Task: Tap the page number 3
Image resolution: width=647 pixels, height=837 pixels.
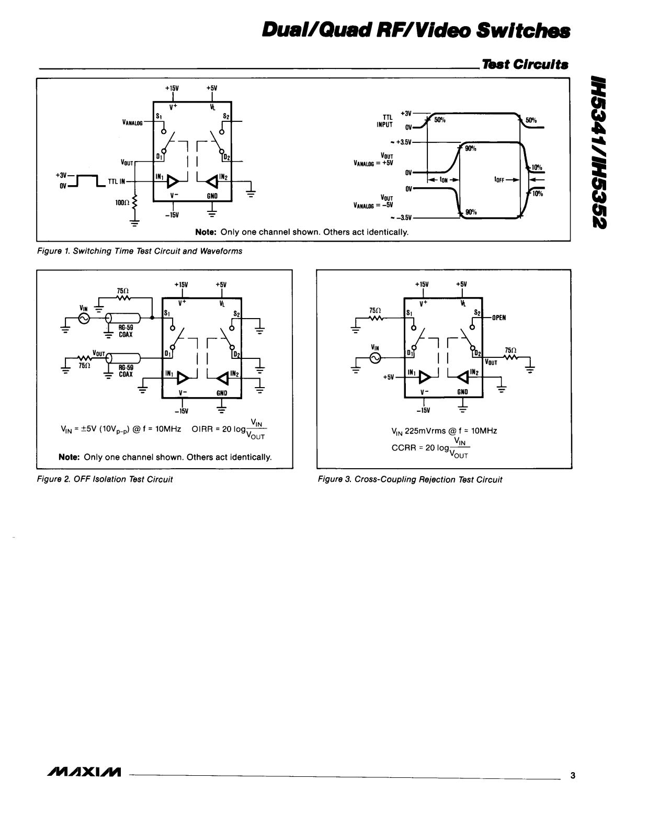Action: coord(573,775)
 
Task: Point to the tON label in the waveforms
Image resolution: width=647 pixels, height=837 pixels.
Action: coord(444,180)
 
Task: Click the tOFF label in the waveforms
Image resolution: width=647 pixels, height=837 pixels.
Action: coord(501,180)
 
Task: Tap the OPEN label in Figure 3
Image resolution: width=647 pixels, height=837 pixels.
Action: coord(498,317)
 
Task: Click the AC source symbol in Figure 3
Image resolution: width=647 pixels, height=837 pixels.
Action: coord(375,358)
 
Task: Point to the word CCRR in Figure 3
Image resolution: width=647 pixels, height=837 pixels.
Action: coord(402,448)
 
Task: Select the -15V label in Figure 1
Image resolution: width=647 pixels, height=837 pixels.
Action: coord(172,215)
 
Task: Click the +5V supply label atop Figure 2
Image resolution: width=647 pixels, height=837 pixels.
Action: coord(221,285)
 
